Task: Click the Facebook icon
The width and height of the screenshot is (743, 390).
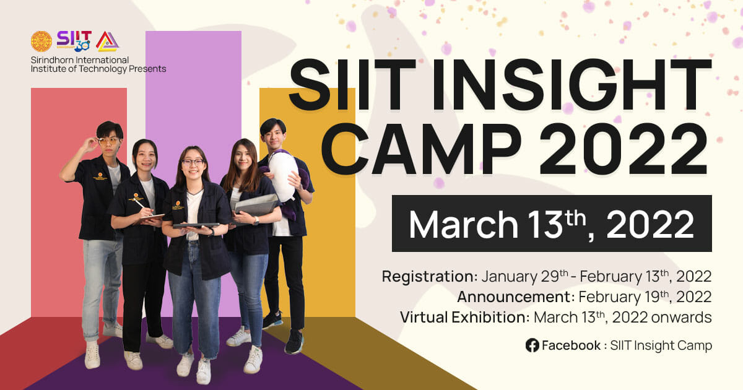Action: click(x=532, y=345)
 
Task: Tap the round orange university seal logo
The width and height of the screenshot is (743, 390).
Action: click(x=41, y=41)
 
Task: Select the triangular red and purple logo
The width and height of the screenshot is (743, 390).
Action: click(x=108, y=41)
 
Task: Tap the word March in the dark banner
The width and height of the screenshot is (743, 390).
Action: click(x=463, y=224)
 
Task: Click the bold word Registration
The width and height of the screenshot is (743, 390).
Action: click(x=430, y=277)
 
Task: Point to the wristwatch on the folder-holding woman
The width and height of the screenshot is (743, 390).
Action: click(x=256, y=220)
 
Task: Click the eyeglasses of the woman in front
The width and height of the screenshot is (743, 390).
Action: click(x=193, y=162)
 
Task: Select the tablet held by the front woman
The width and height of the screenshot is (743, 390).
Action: click(x=196, y=225)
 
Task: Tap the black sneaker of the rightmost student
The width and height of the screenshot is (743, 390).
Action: click(x=294, y=342)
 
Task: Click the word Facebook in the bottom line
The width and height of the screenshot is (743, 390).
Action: click(x=571, y=345)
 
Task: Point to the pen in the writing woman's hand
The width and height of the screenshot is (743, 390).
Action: click(x=140, y=204)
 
